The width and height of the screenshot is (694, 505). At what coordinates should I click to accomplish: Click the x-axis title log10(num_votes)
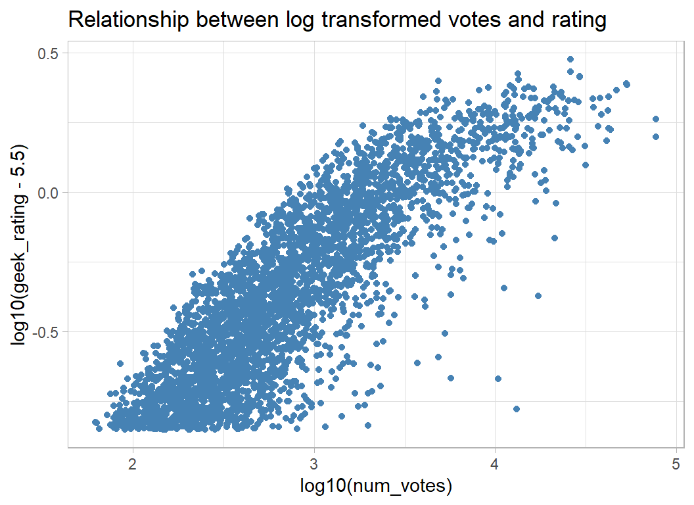376,487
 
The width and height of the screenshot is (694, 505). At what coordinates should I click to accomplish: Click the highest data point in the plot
570,60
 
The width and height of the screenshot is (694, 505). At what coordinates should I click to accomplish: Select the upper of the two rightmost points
655,119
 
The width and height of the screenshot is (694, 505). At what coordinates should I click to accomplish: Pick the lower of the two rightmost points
655,137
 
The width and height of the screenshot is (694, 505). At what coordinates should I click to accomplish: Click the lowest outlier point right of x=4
517,409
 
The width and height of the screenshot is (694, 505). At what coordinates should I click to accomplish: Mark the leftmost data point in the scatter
95,421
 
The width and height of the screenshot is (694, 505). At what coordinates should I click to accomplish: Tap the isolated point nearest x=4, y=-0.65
498,379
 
